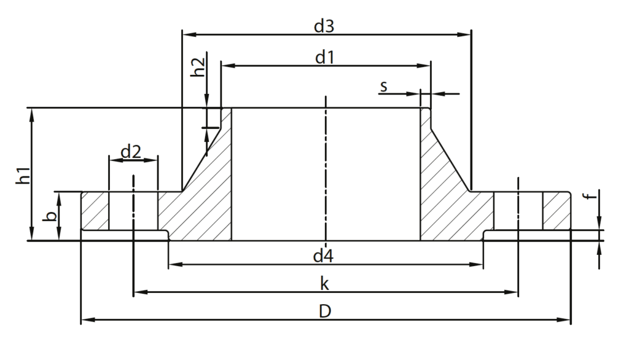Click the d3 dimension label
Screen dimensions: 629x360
pos(324,26)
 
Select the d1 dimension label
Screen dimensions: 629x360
pos(324,57)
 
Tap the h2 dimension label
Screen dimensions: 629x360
pos(197,67)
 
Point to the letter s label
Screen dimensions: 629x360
pos(383,86)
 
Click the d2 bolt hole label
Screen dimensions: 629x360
pos(131,152)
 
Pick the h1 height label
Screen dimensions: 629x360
pos(23,175)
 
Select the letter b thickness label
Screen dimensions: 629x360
pos(50,216)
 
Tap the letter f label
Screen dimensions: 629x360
pos(590,196)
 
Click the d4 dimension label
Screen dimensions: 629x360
pos(323,256)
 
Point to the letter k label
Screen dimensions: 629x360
pos(324,284)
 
